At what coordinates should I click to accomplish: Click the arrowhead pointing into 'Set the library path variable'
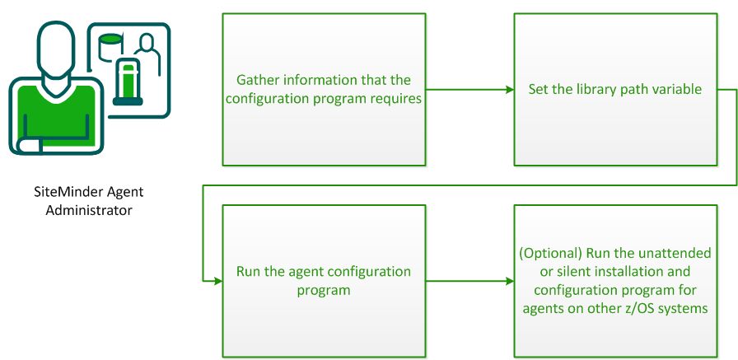click(x=507, y=89)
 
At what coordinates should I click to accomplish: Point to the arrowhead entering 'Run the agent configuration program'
click(x=217, y=281)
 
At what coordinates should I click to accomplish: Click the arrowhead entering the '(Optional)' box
click(x=507, y=281)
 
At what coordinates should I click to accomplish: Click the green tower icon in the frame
click(x=128, y=82)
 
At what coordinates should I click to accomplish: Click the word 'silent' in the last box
click(x=555, y=272)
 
